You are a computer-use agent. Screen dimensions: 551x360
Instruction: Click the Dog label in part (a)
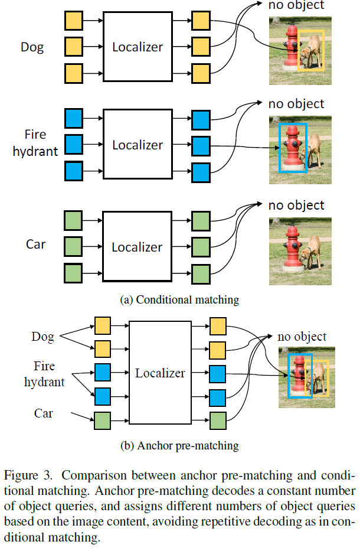tap(32, 47)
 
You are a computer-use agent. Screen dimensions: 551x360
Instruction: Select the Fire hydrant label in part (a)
tap(37, 143)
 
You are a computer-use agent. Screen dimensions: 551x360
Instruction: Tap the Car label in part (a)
tap(35, 244)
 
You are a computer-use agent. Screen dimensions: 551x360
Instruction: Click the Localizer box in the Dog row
tap(138, 47)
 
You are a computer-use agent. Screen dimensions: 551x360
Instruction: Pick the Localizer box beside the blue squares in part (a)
tap(138, 145)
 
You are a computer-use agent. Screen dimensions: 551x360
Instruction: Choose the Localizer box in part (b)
tap(159, 373)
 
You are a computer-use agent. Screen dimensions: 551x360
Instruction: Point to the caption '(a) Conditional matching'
tap(179, 300)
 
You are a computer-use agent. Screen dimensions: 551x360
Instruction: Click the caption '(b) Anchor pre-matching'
tap(179, 445)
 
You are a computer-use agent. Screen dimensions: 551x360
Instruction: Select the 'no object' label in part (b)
tap(302, 337)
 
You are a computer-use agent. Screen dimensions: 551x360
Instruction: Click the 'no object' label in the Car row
tap(296, 206)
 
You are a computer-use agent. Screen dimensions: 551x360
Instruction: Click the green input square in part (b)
tap(102, 420)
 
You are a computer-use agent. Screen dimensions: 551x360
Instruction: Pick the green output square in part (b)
tap(218, 420)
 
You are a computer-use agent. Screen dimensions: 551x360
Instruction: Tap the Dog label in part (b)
tap(42, 337)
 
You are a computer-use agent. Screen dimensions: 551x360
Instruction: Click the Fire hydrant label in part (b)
tap(44, 374)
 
